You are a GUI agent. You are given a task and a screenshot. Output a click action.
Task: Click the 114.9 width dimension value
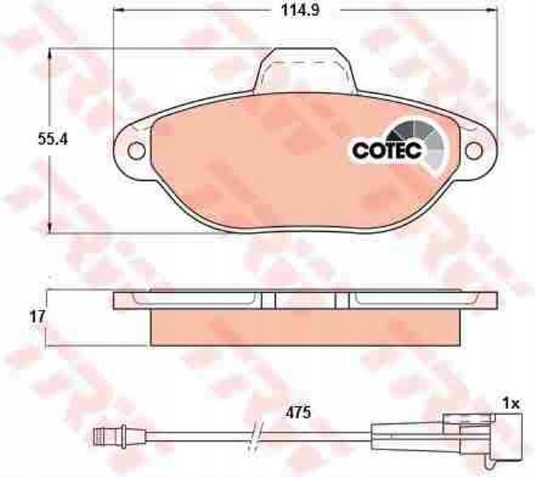[x=300, y=11]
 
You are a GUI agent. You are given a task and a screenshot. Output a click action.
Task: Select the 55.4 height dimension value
[x=53, y=140]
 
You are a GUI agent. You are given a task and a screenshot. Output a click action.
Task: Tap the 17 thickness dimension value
[x=37, y=317]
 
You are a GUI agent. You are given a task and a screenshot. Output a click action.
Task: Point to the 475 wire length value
[x=298, y=413]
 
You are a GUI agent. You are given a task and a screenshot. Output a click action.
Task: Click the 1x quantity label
[x=511, y=404]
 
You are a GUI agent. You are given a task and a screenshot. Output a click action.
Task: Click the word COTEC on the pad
[x=387, y=150]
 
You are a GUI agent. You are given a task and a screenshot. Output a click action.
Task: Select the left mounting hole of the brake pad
[x=136, y=150]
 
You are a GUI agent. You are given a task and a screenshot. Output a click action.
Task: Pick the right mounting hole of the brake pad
[x=474, y=151]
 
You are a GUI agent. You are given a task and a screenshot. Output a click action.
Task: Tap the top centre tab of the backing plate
[x=305, y=70]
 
